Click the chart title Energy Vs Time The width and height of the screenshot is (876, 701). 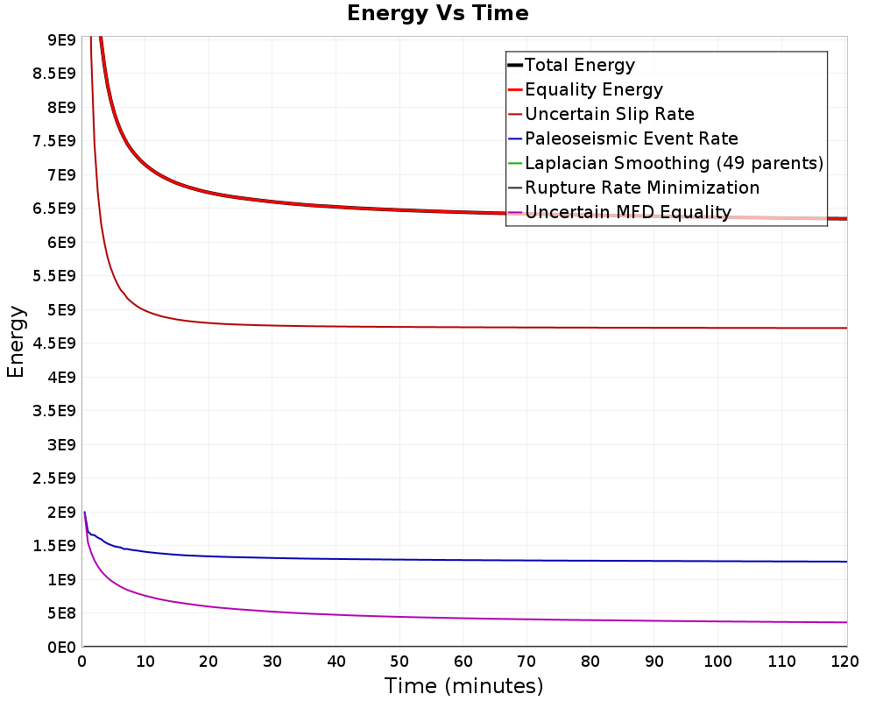click(437, 13)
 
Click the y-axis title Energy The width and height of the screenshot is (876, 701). click(16, 342)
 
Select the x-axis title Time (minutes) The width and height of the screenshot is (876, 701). click(463, 686)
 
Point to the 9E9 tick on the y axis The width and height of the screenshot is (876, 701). click(61, 39)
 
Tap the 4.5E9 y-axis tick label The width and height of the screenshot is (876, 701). click(54, 343)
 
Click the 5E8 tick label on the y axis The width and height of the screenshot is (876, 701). click(61, 613)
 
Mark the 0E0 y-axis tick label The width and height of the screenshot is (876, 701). click(61, 648)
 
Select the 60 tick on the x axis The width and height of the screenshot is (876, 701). click(463, 662)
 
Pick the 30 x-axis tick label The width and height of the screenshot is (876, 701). click(272, 662)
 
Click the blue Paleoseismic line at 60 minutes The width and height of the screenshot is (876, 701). click(463, 560)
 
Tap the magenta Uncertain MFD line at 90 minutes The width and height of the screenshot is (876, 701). click(654, 620)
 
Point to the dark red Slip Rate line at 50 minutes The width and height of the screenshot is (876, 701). click(399, 327)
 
